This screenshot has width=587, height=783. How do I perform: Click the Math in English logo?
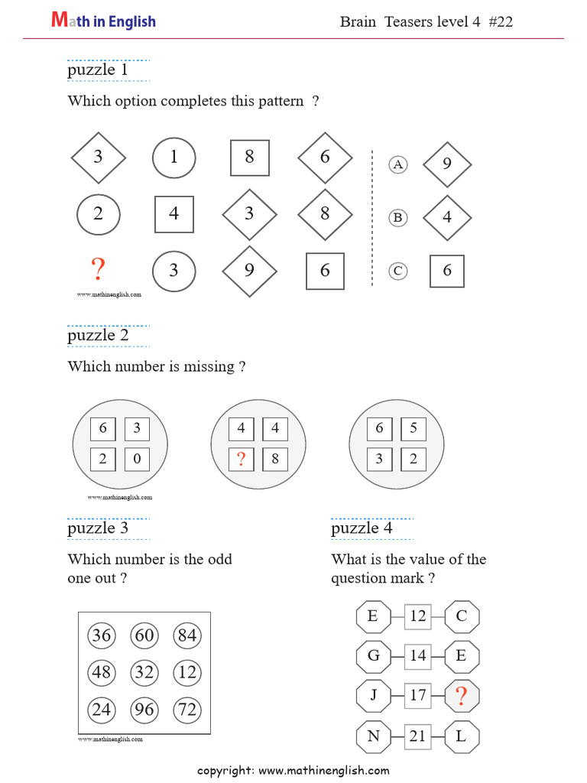click(103, 21)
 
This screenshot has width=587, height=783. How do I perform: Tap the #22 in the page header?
click(499, 21)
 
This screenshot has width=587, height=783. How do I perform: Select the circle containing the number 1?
click(174, 158)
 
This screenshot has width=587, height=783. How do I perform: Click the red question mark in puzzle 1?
click(98, 270)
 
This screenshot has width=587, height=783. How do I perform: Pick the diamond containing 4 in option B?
click(447, 217)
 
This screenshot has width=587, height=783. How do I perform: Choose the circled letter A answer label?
click(397, 164)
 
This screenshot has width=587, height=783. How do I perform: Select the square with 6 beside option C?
click(447, 271)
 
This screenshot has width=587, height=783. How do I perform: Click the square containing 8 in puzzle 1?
click(250, 158)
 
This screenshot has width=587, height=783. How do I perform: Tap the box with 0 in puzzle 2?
click(137, 460)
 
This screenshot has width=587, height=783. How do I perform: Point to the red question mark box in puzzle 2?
click(242, 460)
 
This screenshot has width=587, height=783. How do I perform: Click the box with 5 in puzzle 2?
click(413, 428)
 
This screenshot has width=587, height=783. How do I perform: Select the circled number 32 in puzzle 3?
click(144, 673)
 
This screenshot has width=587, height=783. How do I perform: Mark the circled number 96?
click(144, 710)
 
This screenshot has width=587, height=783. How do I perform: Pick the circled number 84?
click(186, 635)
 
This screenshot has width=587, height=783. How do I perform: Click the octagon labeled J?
click(373, 696)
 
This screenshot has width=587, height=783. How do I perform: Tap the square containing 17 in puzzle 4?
click(417, 696)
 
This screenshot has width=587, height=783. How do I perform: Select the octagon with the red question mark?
click(462, 696)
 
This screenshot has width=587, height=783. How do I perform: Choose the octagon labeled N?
click(373, 737)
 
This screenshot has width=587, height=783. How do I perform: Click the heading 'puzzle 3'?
click(98, 528)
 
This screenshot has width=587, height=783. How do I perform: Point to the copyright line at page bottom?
click(293, 770)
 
